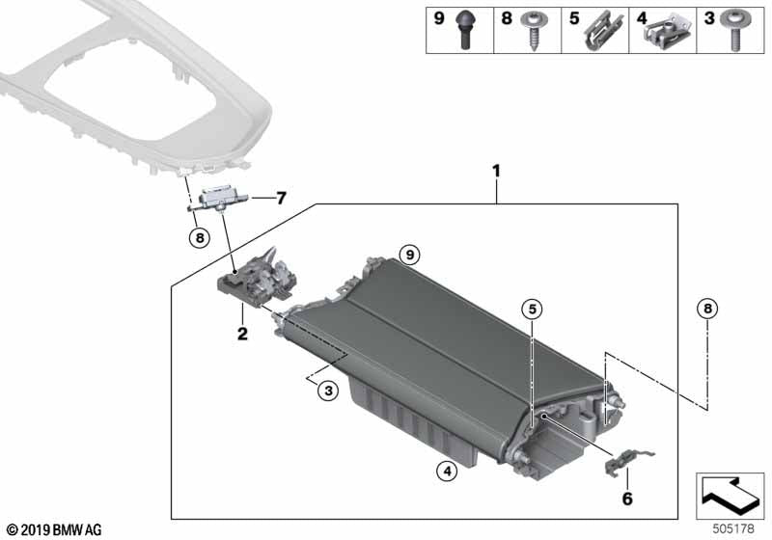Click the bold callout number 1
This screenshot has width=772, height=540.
496,172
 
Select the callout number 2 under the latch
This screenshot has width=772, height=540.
242,335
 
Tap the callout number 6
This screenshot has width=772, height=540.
626,500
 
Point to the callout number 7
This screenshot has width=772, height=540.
281,199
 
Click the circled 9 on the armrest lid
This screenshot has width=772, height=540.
409,255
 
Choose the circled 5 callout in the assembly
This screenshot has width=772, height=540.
532,309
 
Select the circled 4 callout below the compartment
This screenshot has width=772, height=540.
445,472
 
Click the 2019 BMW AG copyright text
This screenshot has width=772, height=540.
53,529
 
